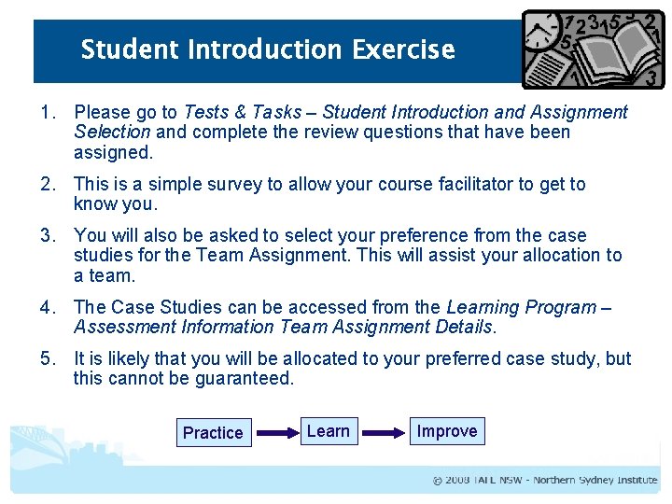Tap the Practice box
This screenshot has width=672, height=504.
coord(213,432)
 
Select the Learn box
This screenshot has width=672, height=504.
coord(329,431)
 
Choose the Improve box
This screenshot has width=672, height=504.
coord(447,431)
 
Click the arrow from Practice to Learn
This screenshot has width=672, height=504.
coord(274,433)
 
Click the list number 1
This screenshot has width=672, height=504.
coord(45,112)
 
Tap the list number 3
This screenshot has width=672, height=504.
coord(45,235)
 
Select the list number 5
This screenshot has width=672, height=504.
coord(45,358)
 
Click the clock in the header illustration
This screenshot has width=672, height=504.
coord(541,35)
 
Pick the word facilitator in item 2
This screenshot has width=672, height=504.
coord(478,184)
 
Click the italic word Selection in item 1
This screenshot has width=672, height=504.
coord(111,133)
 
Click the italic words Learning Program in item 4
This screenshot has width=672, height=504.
coord(522,307)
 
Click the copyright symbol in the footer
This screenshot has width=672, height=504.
coord(438,481)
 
